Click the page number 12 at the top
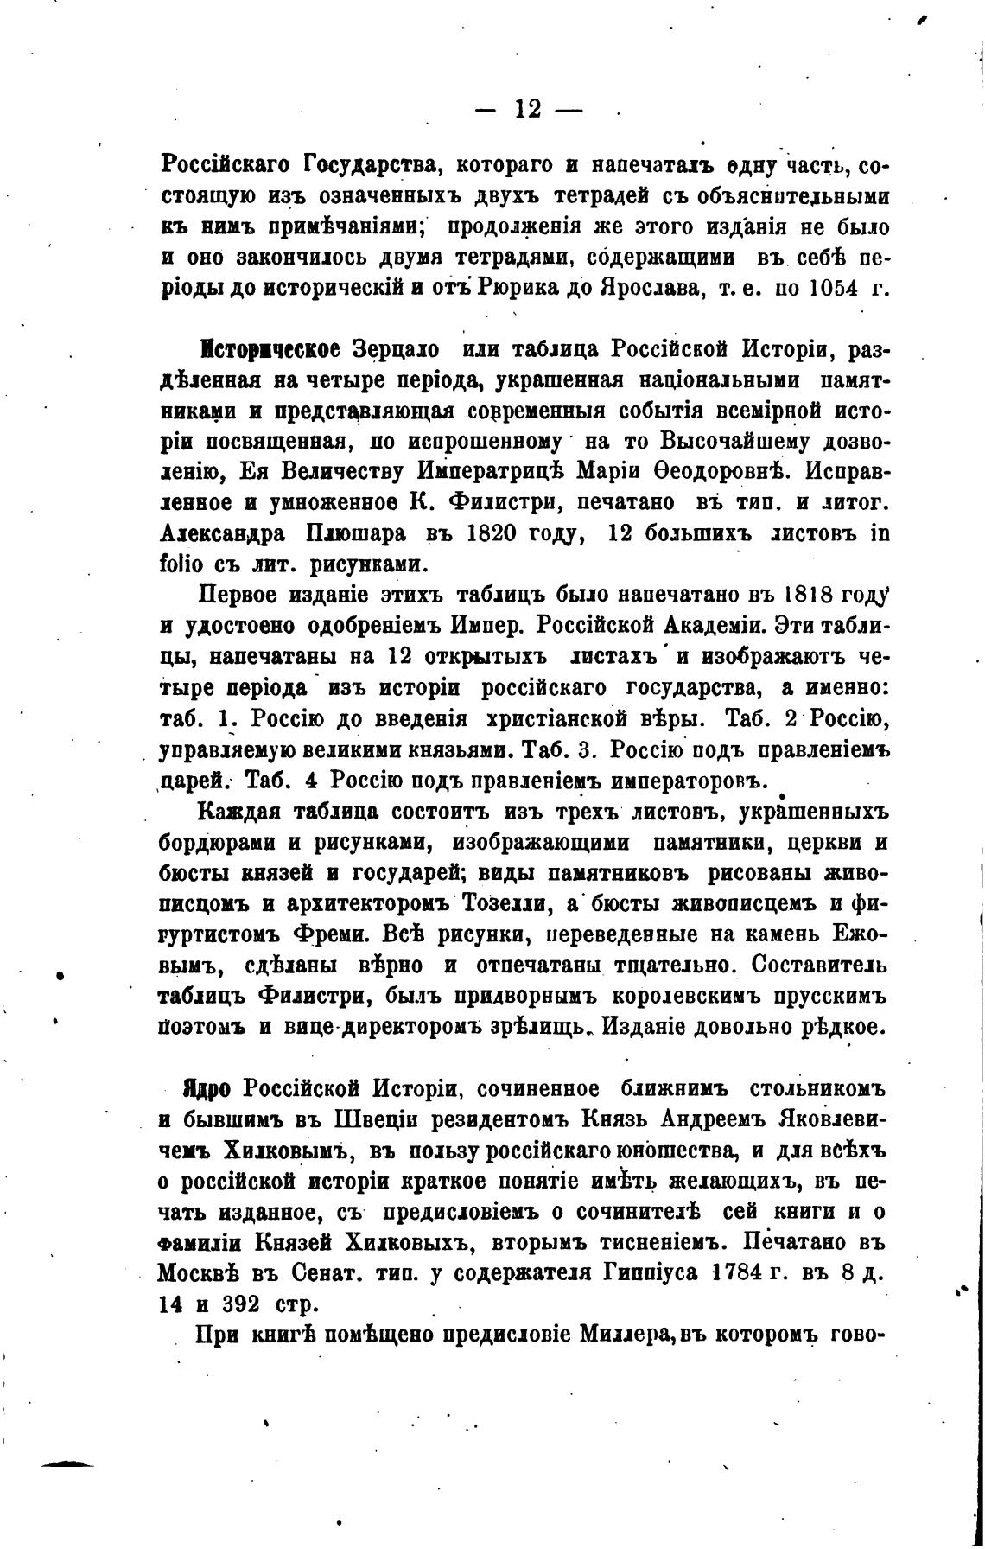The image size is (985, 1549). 528,110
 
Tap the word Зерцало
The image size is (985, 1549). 394,350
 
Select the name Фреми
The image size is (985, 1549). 336,935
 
